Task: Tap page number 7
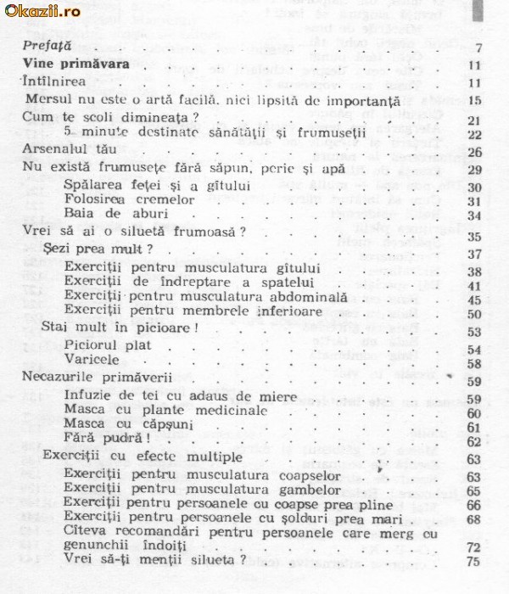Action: pos(479,48)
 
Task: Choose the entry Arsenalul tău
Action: pos(64,153)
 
